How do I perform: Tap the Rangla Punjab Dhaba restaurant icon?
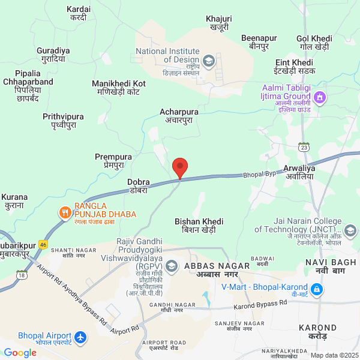(64, 212)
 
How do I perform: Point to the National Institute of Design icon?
(208, 60)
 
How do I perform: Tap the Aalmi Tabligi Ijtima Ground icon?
(320, 96)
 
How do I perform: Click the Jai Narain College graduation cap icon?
(350, 230)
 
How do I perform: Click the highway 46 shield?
(43, 244)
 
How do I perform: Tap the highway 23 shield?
(304, 146)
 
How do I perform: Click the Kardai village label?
(79, 13)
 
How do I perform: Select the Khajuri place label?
(218, 23)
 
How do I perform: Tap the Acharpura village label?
(179, 116)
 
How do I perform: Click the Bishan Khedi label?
(199, 226)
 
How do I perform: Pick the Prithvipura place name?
(63, 121)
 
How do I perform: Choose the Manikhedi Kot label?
(119, 88)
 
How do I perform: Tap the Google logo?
(20, 353)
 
